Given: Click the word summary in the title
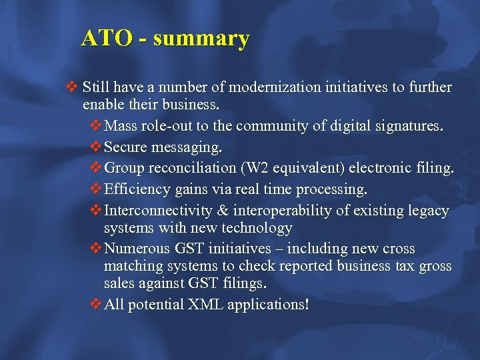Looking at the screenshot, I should pos(201,38).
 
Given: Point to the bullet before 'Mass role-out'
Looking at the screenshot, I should pos(96,125).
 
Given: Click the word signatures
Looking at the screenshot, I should pos(405,125).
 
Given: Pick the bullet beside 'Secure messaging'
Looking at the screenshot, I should pos(96,146).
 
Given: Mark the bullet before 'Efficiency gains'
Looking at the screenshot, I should pos(96,189).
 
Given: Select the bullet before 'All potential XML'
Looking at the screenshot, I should pos(96,304).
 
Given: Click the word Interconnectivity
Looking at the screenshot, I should pos(159,211).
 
